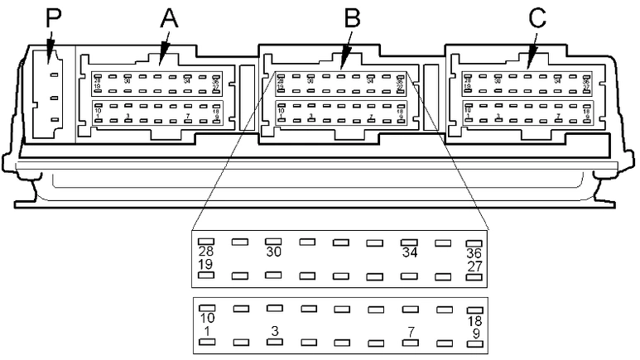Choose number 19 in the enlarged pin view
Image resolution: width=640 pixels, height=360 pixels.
pos(206,264)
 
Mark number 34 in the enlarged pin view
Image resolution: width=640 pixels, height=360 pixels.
pos(407,252)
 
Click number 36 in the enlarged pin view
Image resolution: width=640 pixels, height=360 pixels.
pos(474,252)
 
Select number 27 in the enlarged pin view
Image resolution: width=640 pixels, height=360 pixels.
pos(474,265)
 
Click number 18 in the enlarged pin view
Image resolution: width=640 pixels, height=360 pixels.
pos(474,320)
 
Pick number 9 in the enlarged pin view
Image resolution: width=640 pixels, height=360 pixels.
pos(474,333)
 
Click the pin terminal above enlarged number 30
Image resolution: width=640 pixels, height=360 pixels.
pos(273,242)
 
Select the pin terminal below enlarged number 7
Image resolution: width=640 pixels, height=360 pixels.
pos(407,342)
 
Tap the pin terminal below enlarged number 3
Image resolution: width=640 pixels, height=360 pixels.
pos(273,342)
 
